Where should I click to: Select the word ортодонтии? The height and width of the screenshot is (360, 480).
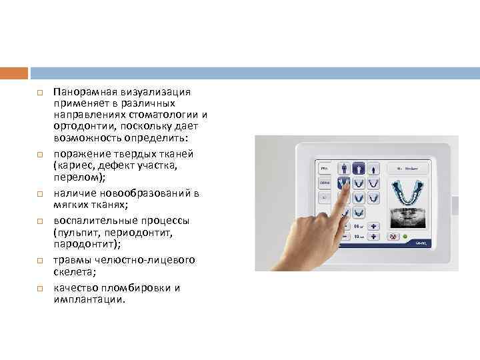[81, 126]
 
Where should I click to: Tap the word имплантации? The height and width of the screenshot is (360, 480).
[90, 299]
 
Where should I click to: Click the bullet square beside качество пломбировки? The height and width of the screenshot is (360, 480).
[39, 288]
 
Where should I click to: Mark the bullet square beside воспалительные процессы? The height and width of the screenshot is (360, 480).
[39, 221]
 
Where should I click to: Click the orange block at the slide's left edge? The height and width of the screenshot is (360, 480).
[14, 73]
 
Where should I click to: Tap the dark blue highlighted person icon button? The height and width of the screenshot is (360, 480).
[359, 169]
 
